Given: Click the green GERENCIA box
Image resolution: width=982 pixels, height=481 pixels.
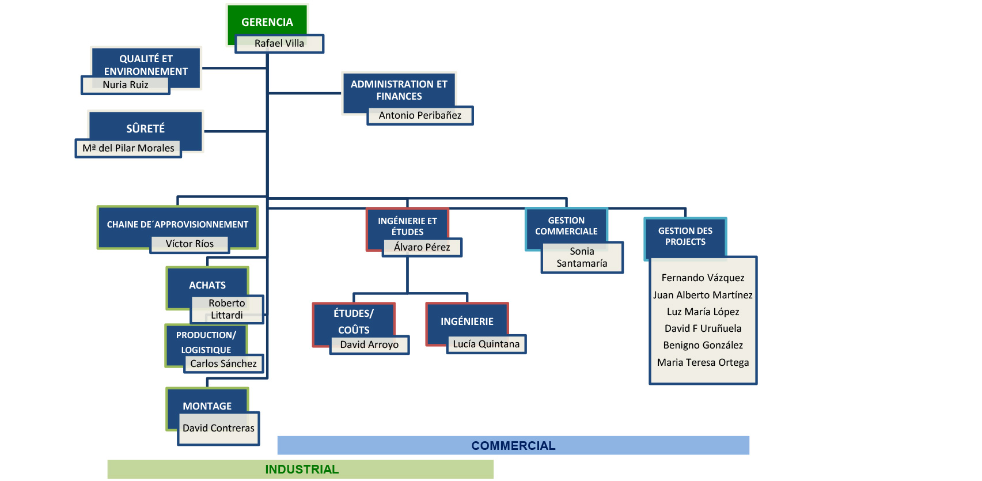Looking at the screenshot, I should (x=267, y=22).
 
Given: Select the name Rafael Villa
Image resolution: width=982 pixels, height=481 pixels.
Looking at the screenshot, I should (x=279, y=43).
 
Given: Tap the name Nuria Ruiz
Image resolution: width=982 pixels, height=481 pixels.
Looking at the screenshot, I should (x=126, y=85).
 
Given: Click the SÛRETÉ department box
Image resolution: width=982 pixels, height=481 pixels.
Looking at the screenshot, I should (x=146, y=128).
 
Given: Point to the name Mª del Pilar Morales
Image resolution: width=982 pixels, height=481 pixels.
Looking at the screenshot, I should (x=128, y=148).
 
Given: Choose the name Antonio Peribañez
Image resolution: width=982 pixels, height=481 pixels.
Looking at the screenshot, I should (x=420, y=115).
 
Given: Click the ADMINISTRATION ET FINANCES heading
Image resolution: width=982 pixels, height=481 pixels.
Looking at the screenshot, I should (x=399, y=90).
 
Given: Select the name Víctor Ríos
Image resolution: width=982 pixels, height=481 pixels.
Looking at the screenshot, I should (x=189, y=244).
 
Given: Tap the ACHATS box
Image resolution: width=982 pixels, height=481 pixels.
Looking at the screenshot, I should (x=207, y=285).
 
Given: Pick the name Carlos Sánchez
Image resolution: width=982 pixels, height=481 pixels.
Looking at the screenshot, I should (x=223, y=363).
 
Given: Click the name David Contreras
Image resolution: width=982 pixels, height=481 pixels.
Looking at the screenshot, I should (x=218, y=428).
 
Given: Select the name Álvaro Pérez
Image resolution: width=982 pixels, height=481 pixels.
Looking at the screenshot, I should (x=422, y=247).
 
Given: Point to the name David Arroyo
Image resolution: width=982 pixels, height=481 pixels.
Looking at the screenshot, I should (x=369, y=344).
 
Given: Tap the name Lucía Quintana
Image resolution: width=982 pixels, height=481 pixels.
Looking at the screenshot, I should (x=486, y=344).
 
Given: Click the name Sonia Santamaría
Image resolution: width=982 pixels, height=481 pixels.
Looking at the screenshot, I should (x=582, y=257).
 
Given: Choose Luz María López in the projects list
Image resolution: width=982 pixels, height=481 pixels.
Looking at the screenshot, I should (x=703, y=312).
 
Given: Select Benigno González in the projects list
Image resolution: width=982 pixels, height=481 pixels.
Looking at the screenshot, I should (x=703, y=345).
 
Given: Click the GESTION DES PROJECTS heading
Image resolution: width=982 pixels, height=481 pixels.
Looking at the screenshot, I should (x=685, y=236).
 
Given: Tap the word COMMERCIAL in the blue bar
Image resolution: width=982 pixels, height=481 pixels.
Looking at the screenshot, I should (x=513, y=445).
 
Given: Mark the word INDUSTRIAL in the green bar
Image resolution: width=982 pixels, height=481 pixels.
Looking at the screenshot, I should (x=302, y=469).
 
